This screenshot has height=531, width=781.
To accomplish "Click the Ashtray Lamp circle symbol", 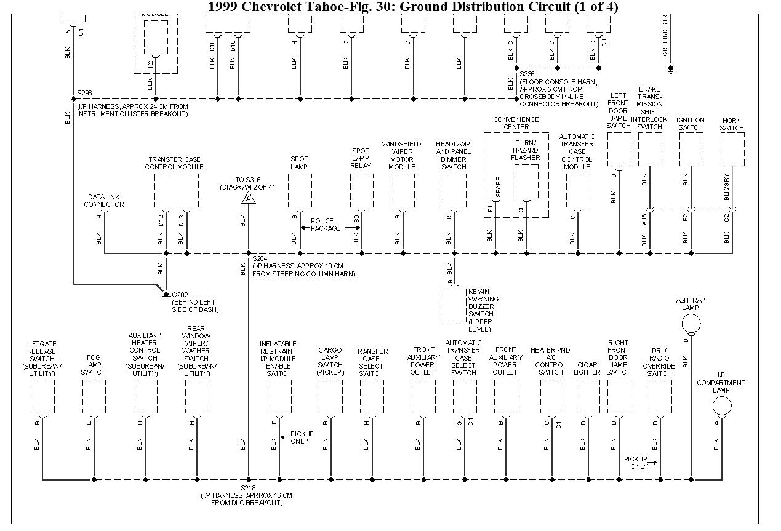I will (691, 323).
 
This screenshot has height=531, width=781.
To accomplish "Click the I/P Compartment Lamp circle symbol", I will (721, 406).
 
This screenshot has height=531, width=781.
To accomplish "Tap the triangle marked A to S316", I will (249, 198).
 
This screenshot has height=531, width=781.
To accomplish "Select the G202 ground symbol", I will (166, 296).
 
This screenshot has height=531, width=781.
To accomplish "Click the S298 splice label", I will (84, 94).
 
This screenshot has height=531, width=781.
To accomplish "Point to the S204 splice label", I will (260, 259).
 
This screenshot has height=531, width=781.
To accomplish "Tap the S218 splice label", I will (248, 487).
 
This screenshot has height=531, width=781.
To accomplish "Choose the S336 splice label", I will (527, 74).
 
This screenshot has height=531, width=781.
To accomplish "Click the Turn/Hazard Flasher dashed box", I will (526, 181).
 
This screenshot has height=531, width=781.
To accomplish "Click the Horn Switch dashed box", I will (732, 149).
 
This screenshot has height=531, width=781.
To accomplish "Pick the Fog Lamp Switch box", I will (94, 396).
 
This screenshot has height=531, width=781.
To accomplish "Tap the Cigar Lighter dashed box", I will (588, 396).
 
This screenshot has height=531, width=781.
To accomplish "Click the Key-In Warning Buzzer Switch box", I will (454, 305).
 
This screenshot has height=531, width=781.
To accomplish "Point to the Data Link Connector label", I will (103, 201).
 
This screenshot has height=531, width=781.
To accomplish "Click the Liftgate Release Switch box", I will (42, 396).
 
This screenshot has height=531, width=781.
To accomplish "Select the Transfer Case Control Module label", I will (174, 163).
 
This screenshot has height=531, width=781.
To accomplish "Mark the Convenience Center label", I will (516, 123).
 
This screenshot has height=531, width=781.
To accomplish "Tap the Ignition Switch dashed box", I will (691, 149).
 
